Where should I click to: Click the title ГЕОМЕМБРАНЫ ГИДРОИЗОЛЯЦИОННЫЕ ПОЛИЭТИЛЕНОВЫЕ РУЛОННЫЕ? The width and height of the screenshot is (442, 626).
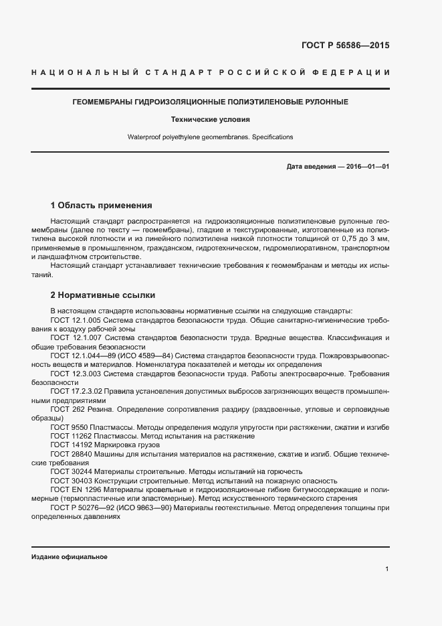[210, 102]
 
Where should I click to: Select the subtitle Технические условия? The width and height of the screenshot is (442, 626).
[210, 120]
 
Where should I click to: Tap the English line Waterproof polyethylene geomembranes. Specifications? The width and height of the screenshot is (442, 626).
[210, 137]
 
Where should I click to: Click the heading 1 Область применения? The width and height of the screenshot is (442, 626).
[102, 205]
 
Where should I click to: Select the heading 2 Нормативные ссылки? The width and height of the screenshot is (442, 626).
[103, 295]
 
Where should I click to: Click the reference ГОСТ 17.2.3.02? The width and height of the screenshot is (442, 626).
[76, 390]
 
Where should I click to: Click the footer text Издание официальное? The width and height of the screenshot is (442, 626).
[69, 557]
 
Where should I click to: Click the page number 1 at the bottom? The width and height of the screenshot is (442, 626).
[387, 568]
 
